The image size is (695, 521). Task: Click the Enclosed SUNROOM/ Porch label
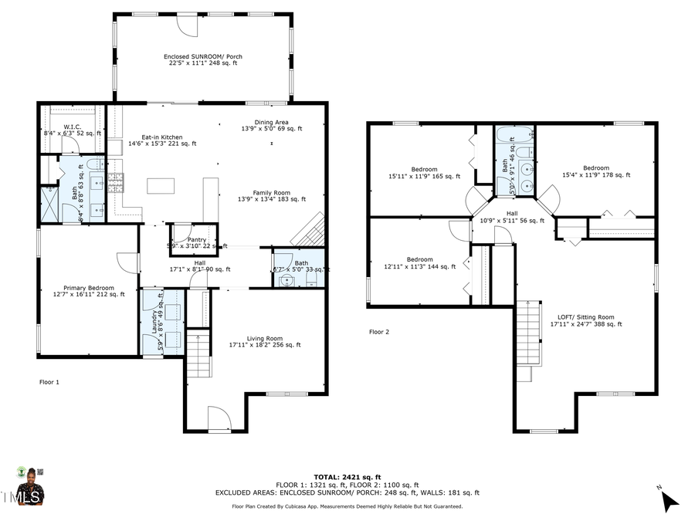200,59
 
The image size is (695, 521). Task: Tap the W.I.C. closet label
72,130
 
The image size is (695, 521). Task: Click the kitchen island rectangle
161,186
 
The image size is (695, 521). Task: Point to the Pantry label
197,242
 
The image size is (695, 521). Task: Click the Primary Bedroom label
89,290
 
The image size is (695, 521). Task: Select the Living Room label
265,341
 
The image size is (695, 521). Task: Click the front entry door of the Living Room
219,419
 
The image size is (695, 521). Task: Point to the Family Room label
271,196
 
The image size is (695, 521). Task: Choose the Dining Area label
271,125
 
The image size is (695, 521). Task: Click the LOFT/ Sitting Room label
585,320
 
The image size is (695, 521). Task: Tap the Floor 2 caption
379,331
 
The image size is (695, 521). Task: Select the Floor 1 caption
49,381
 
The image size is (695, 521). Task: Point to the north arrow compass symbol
669,502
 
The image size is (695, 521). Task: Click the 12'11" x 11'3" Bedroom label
419,262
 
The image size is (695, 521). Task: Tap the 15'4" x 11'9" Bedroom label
595,171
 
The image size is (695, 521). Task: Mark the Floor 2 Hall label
512,216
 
